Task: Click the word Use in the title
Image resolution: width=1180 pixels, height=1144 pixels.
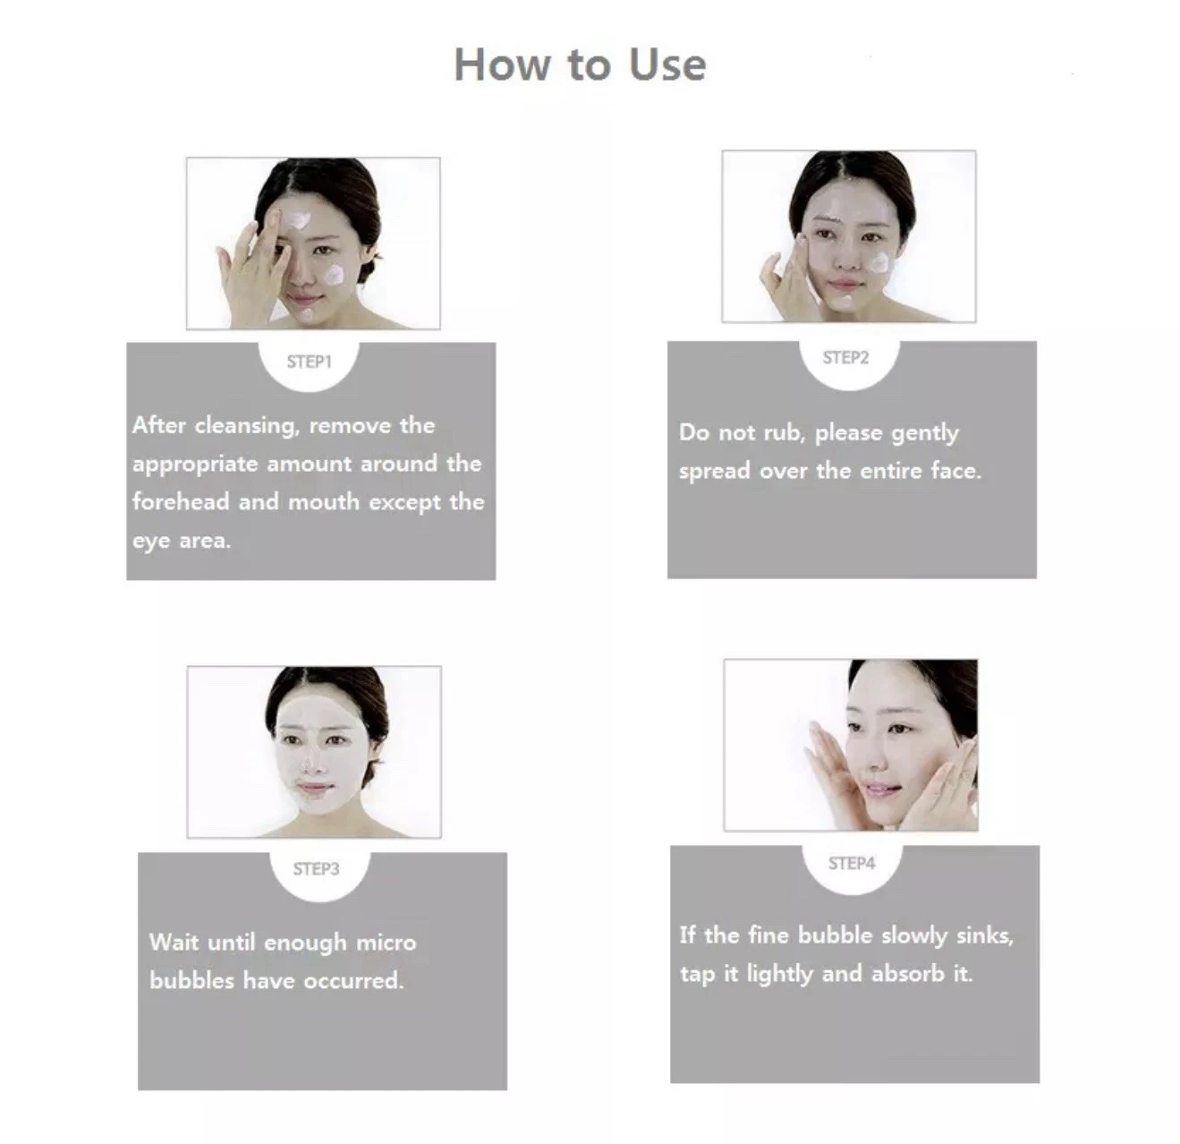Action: coord(667,64)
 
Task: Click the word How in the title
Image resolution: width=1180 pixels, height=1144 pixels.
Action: coord(502,64)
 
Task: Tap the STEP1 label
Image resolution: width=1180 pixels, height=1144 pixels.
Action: coord(310,363)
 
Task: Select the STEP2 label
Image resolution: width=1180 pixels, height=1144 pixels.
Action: coord(845,358)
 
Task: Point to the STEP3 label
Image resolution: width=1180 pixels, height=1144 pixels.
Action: coord(316,869)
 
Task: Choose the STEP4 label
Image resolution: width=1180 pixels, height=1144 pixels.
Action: coord(852,863)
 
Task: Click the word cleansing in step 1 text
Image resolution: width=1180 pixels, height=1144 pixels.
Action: coord(247,426)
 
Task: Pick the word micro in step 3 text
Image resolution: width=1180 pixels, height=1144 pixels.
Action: coord(386,943)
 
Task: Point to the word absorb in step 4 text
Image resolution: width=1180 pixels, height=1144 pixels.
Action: coord(908,974)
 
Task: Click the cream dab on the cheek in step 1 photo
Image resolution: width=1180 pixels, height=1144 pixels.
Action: coord(334,275)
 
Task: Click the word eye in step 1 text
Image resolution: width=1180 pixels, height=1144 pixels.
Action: coord(151,542)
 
